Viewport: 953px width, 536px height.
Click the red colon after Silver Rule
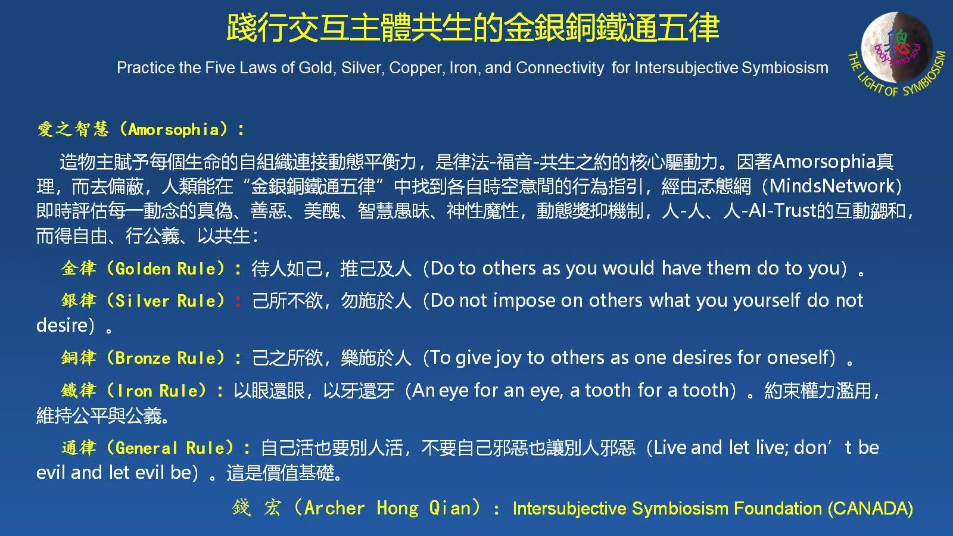point(238,301)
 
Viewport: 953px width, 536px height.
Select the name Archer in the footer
point(334,508)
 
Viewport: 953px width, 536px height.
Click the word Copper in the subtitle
point(412,68)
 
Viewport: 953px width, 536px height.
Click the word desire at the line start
point(62,325)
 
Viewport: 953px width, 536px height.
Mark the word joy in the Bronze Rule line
point(508,358)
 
